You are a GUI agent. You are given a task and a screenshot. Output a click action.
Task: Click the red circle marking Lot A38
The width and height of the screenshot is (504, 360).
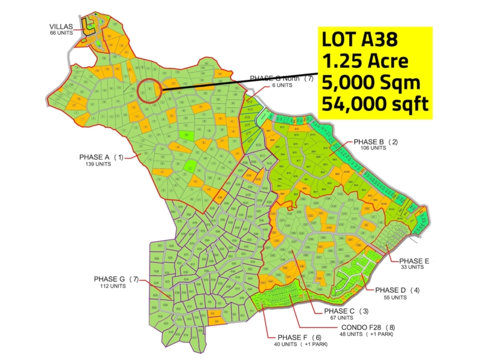point(149,92)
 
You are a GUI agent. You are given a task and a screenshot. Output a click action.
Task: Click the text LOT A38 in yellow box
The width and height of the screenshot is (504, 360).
point(359,40)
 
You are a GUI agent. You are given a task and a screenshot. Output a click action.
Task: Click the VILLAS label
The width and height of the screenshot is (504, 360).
point(61,26)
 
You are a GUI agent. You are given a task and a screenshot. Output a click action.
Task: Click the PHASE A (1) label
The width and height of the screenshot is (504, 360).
point(101,157)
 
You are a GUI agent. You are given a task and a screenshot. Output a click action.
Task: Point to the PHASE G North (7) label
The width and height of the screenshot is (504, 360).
point(281,79)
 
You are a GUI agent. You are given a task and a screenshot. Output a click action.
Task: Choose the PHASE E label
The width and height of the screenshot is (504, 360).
point(415,260)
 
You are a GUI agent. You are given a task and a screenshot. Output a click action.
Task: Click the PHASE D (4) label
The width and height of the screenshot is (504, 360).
point(397,290)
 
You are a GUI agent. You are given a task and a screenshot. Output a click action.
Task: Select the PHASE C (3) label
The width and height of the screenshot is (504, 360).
point(346,311)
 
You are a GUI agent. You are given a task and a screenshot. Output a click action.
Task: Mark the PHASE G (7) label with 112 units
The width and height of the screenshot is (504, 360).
point(116,279)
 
